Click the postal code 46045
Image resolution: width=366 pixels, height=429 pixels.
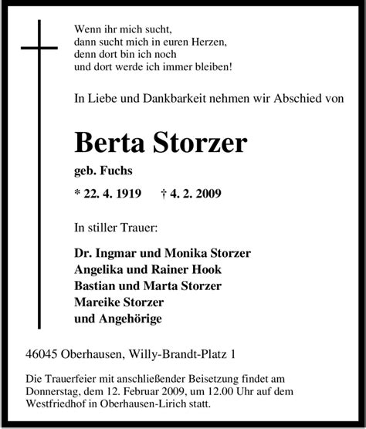click(x=46, y=355)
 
